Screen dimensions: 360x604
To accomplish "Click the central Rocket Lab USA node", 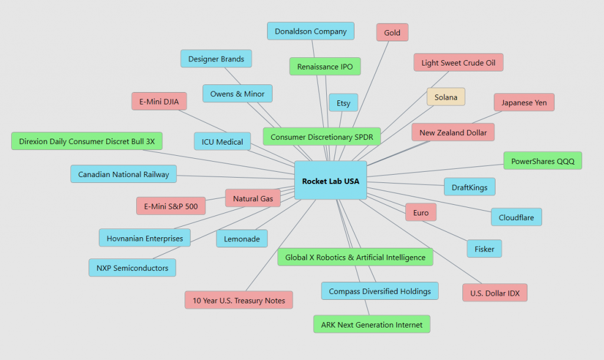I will [x=330, y=181].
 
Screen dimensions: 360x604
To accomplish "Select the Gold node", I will [x=392, y=32].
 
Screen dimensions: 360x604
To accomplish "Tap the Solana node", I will [x=446, y=97].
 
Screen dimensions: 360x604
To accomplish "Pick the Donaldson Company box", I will [x=310, y=31].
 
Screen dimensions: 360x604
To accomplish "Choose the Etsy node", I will [x=343, y=103].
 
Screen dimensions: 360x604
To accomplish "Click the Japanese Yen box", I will [x=524, y=102].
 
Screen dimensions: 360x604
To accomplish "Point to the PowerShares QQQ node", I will [x=543, y=161].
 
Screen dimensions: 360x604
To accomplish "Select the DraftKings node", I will [x=470, y=187].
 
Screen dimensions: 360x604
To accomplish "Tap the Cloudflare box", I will [x=516, y=217].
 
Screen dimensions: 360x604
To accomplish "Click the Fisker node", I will [x=484, y=249].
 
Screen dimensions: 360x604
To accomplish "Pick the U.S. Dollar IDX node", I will [x=495, y=293].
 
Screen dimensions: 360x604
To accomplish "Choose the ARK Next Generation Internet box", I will [x=372, y=325].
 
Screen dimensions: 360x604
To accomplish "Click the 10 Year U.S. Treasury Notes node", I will [x=238, y=300].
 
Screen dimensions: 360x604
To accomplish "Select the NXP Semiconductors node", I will [x=132, y=268].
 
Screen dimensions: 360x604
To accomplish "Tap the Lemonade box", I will [x=242, y=238].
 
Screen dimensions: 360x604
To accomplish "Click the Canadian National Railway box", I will [x=123, y=174].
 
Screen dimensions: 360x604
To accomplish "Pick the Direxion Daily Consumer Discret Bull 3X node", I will [x=87, y=141].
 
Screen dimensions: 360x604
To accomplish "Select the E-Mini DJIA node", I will [x=159, y=102].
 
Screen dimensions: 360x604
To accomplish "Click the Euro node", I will [x=421, y=212].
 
